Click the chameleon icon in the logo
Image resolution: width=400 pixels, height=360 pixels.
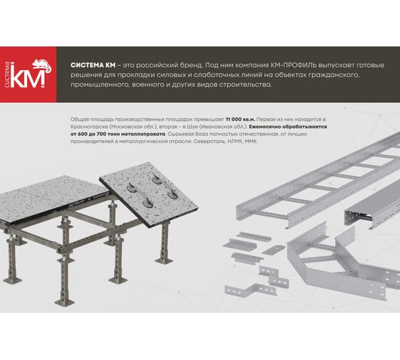click(x=42, y=65)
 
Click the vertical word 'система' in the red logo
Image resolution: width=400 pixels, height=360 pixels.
click(x=8, y=75)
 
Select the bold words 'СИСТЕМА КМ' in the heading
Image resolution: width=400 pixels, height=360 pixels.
click(x=93, y=65)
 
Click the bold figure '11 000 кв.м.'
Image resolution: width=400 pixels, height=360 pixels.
click(x=240, y=119)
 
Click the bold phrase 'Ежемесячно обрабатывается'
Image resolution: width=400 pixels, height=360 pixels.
click(x=288, y=127)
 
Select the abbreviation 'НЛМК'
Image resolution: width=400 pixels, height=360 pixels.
click(x=235, y=141)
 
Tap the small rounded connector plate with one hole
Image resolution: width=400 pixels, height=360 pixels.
click(x=273, y=250)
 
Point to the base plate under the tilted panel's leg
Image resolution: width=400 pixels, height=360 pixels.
click(x=164, y=261)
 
